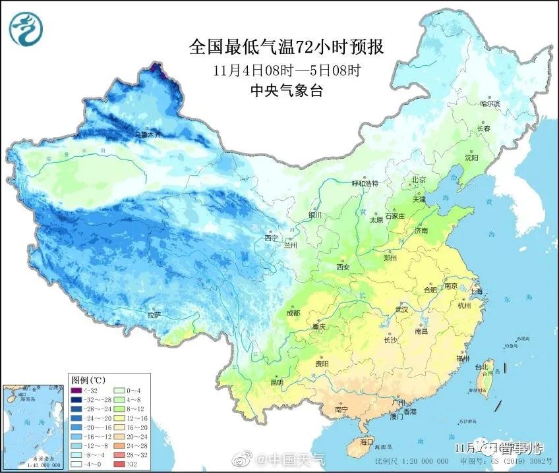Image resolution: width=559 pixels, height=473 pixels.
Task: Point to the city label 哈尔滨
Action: pyautogui.click(x=490, y=103)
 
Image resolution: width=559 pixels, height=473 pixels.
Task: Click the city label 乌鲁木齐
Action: pyautogui.click(x=148, y=134)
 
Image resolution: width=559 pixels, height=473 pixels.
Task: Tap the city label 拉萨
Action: pyautogui.click(x=154, y=316)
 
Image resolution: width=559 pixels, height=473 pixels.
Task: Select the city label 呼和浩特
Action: pyautogui.click(x=365, y=184)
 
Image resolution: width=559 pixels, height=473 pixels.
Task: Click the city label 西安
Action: pyautogui.click(x=342, y=267)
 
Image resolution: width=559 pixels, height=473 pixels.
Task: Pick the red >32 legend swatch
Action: pyautogui.click(x=121, y=464)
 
